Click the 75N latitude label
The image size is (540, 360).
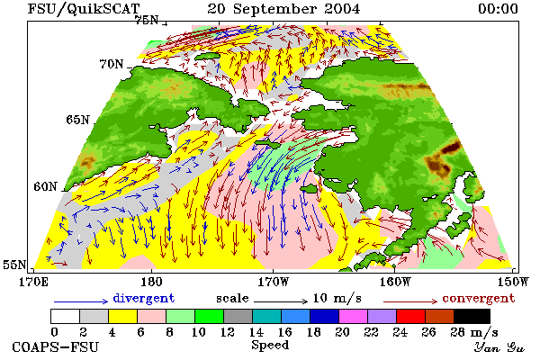click(x=147, y=20)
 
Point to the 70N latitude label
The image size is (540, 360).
click(x=112, y=64)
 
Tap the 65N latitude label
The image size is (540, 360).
click(x=77, y=120)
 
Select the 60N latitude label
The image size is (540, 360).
click(x=45, y=186)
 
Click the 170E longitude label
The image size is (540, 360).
click(x=33, y=282)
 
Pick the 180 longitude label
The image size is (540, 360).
click(x=151, y=282)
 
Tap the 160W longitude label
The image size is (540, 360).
click(x=395, y=282)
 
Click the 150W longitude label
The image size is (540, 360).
click(x=513, y=282)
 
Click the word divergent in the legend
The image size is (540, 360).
click(x=144, y=298)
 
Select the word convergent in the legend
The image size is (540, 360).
click(x=479, y=298)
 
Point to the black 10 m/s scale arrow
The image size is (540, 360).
click(x=281, y=301)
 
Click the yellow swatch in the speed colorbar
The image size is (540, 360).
click(x=122, y=316)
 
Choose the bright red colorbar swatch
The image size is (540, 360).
click(x=410, y=316)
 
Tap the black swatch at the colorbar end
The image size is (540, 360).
click(x=472, y=316)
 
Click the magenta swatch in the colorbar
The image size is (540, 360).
click(x=353, y=316)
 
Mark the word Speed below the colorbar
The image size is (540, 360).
click(x=270, y=346)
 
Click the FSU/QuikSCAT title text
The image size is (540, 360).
click(x=84, y=9)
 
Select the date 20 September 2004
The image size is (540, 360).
click(x=283, y=9)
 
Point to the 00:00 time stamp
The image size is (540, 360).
click(x=498, y=9)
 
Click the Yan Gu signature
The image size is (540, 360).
click(x=499, y=347)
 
